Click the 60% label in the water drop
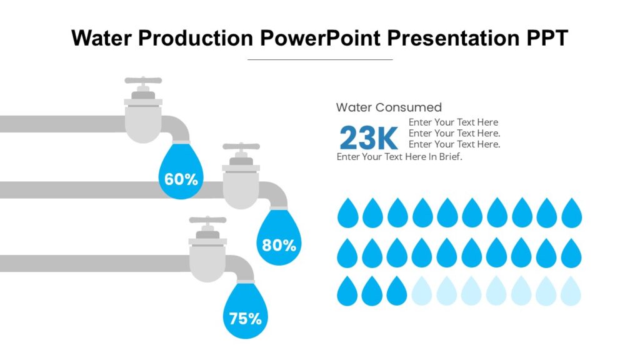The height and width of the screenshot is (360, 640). (181, 179)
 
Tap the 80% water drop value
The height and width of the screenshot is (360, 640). (279, 246)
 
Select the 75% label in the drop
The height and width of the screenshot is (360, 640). (245, 319)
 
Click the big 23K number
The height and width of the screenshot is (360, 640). (369, 137)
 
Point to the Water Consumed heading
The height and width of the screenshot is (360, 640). (389, 107)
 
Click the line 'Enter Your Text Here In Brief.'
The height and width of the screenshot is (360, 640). (399, 157)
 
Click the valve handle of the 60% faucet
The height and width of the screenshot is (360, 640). (143, 81)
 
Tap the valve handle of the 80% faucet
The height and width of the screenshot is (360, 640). (241, 147)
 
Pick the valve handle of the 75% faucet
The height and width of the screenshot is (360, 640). (207, 221)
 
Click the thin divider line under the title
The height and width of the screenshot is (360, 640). (320, 59)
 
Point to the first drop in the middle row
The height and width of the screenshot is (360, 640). (347, 252)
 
